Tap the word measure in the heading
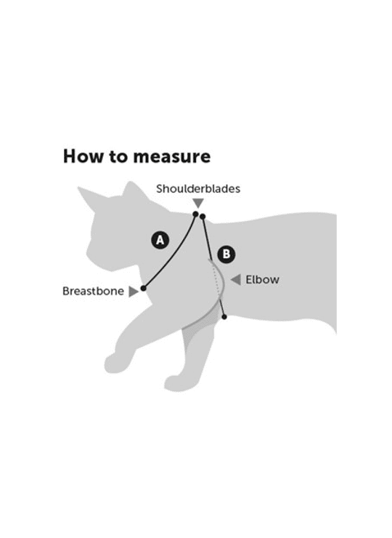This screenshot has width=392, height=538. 171,157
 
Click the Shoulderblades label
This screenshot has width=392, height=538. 198,189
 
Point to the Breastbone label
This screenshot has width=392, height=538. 93,292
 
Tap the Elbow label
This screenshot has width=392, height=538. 263,280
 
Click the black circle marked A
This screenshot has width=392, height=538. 160,240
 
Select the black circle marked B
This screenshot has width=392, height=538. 226,254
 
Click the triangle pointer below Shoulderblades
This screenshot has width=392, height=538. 198,203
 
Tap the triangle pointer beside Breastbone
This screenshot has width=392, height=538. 133,292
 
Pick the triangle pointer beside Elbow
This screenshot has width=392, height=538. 236,280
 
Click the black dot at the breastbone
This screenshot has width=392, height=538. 144,288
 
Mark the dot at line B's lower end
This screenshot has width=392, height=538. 224,317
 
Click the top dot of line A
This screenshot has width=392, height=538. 196,214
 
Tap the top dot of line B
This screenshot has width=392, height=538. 203,217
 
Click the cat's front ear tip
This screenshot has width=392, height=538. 79,188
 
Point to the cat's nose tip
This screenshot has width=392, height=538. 86,254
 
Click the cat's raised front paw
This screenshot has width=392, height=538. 114,364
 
